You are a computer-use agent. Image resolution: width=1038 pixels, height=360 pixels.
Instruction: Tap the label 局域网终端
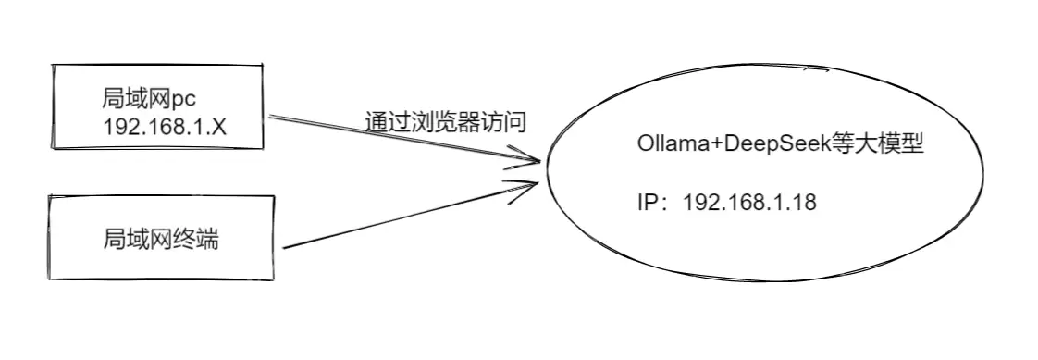(161, 238)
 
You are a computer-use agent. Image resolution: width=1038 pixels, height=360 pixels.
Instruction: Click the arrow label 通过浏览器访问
(446, 122)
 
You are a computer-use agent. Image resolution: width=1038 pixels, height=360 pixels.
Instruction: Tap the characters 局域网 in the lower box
(140, 238)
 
